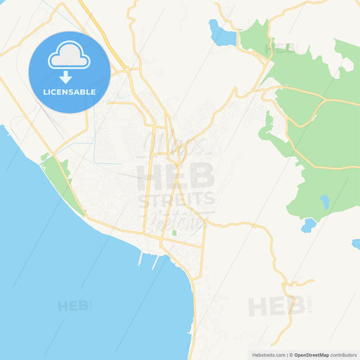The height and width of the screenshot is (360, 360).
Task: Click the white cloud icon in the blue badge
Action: pyautogui.click(x=69, y=58)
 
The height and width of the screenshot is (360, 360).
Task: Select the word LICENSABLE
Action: pyautogui.click(x=69, y=91)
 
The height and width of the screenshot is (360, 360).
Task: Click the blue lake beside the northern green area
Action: pyautogui.click(x=222, y=34)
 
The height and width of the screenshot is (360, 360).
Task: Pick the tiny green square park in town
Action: pyautogui.click(x=174, y=233)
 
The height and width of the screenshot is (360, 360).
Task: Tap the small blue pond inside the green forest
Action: pyautogui.click(x=325, y=201)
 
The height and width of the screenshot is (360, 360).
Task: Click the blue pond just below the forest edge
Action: pyautogui.click(x=309, y=225)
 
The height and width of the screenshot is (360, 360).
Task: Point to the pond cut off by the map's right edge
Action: pyautogui.click(x=356, y=244)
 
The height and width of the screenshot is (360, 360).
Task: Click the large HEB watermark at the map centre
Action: pyautogui.click(x=176, y=178)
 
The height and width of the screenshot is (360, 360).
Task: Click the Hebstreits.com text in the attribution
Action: pyautogui.click(x=269, y=355)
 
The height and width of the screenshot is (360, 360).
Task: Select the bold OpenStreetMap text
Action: pyautogui.click(x=311, y=355)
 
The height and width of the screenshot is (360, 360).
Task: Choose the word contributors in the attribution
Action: pyautogui.click(x=343, y=355)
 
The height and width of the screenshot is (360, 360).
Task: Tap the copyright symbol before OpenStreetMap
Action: pyautogui.click(x=291, y=355)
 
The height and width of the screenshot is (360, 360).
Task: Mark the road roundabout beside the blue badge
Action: pyautogui.click(x=123, y=69)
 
